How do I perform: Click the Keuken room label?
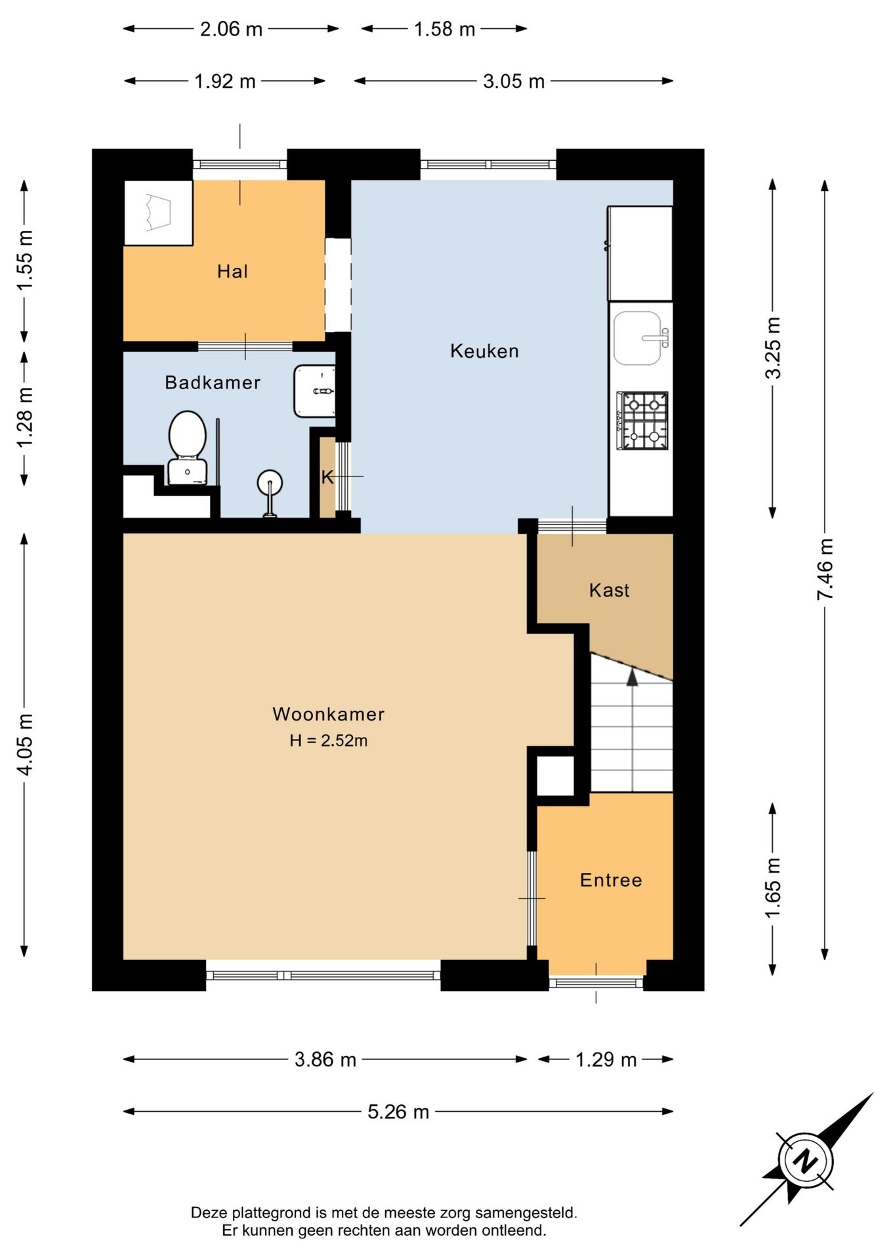click(x=484, y=351)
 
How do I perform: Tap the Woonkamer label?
click(x=328, y=714)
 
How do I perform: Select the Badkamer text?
click(x=213, y=383)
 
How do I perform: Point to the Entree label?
click(x=611, y=880)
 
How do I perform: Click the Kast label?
click(x=610, y=591)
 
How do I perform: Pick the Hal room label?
click(x=232, y=272)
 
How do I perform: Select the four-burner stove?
click(x=642, y=421)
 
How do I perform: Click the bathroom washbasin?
click(x=315, y=391)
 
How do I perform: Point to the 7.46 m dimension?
click(x=825, y=569)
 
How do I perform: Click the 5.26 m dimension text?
click(x=398, y=1112)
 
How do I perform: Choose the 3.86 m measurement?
click(x=325, y=1059)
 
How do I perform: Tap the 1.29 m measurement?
click(x=606, y=1059)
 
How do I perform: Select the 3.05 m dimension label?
click(x=514, y=81)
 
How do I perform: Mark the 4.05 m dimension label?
click(x=24, y=744)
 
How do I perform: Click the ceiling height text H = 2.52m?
click(x=328, y=741)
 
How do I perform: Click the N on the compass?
click(x=806, y=1161)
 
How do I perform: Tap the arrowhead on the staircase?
click(x=632, y=677)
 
